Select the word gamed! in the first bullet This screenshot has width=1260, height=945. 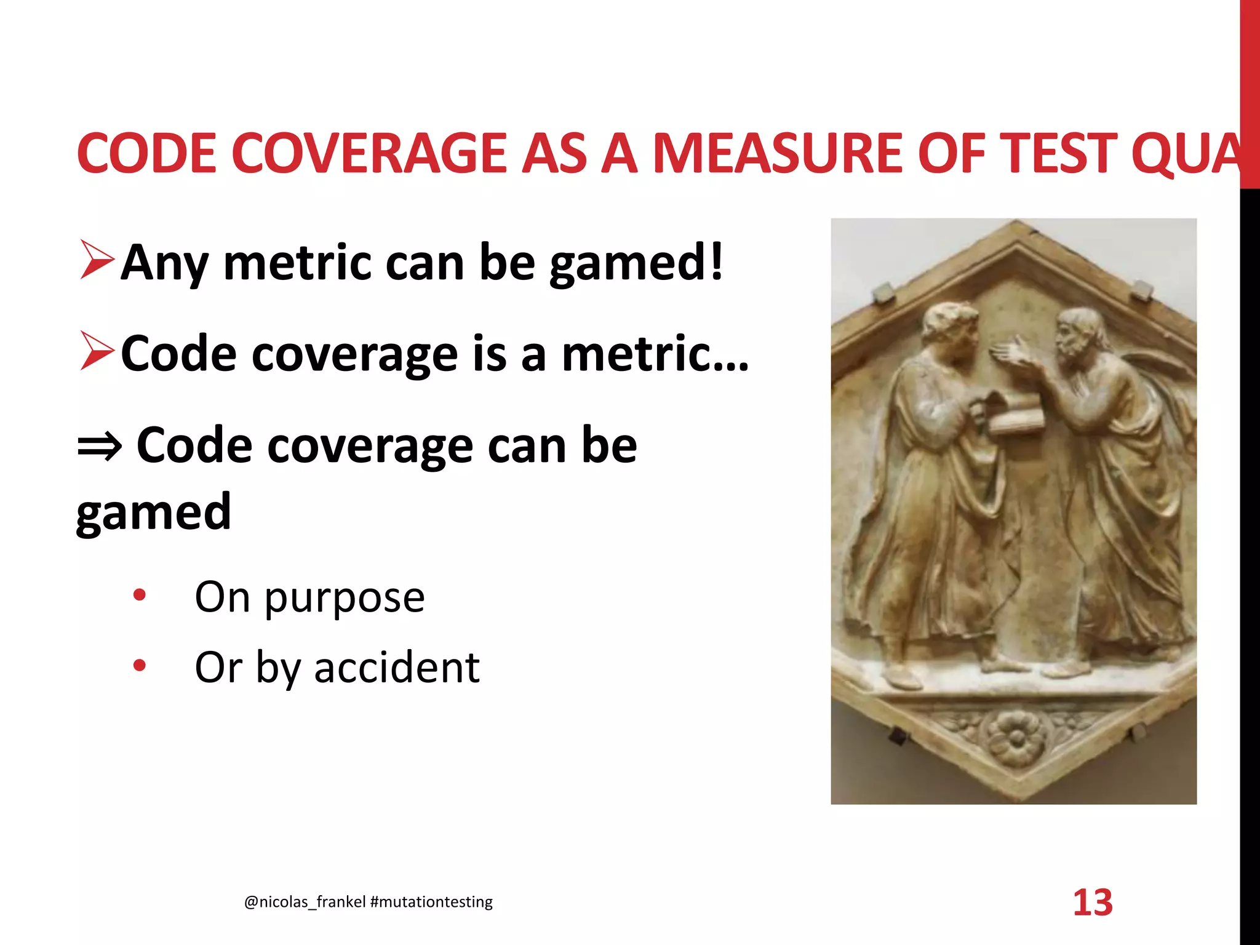tap(636, 263)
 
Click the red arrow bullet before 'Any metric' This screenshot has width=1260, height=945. tap(97, 261)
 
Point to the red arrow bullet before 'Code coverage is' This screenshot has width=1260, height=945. tap(97, 351)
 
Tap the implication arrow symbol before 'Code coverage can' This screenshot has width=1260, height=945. tap(99, 447)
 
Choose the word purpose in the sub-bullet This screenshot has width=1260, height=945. tap(345, 598)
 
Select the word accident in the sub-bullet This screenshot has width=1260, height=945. tap(397, 668)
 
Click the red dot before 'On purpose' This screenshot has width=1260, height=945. tap(140, 595)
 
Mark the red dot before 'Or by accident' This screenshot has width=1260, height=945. tap(140, 665)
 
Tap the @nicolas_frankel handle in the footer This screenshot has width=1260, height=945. tap(305, 902)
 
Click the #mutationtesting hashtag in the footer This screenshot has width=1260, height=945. tap(432, 902)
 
